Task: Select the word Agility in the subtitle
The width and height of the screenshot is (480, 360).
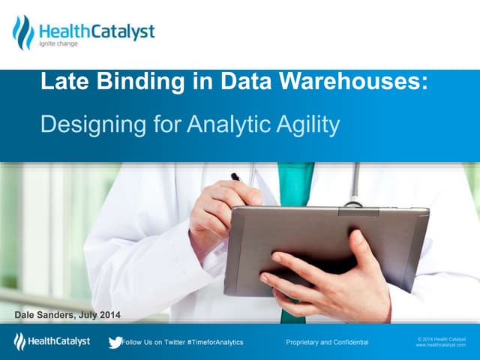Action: point(308,124)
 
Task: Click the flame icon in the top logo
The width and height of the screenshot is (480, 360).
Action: point(23,32)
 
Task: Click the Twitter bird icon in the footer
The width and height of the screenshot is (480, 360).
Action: point(114,342)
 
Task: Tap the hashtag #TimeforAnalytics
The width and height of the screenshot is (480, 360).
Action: point(212,342)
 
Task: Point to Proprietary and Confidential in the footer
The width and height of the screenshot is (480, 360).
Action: point(327,342)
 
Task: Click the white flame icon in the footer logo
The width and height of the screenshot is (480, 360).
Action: point(19,342)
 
